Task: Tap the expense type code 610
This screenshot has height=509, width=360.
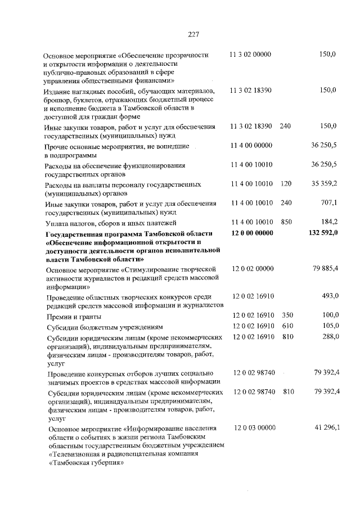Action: (x=289, y=326)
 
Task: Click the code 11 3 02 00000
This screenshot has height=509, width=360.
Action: (x=251, y=55)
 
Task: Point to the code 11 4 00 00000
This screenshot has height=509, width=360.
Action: (x=251, y=145)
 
